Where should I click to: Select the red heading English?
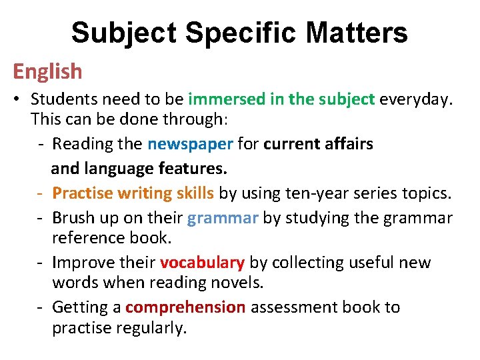[47, 71]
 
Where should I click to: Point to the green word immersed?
[227, 100]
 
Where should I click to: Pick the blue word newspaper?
[190, 144]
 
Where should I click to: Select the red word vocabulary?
[202, 263]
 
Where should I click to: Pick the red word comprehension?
[185, 307]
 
